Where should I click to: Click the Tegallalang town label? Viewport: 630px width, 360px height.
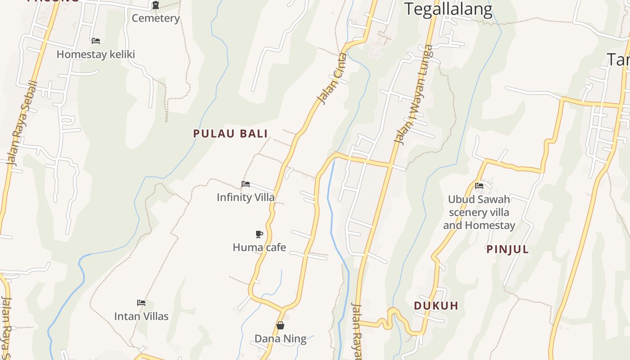point(448,9)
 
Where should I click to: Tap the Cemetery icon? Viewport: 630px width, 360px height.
point(156,5)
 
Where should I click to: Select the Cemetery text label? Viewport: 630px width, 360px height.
point(156,18)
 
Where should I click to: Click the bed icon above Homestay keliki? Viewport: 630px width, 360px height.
point(96,41)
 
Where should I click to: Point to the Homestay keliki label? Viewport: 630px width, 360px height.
point(96,54)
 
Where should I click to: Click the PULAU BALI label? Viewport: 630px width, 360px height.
point(230,134)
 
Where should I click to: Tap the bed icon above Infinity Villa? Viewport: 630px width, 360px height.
point(246,184)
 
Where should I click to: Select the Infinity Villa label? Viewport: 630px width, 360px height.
point(246,197)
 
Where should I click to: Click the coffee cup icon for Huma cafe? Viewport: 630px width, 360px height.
point(259,234)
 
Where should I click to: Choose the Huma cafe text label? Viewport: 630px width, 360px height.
point(259,247)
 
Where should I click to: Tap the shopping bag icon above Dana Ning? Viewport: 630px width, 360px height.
point(280,325)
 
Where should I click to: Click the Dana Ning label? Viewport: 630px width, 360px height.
point(280,339)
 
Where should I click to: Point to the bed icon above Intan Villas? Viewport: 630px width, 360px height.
point(141,303)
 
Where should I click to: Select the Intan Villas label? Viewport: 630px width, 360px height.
point(141,316)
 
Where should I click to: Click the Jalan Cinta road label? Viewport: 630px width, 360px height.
point(332,78)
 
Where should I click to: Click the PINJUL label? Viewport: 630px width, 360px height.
point(508,250)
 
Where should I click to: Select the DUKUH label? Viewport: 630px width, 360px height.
point(436,306)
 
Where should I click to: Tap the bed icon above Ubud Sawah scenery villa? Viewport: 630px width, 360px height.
point(479,185)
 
